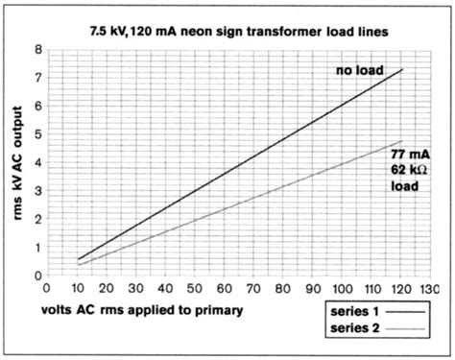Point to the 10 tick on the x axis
(x=79, y=286)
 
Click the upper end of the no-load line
(x=403, y=69)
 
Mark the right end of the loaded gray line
(x=403, y=142)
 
